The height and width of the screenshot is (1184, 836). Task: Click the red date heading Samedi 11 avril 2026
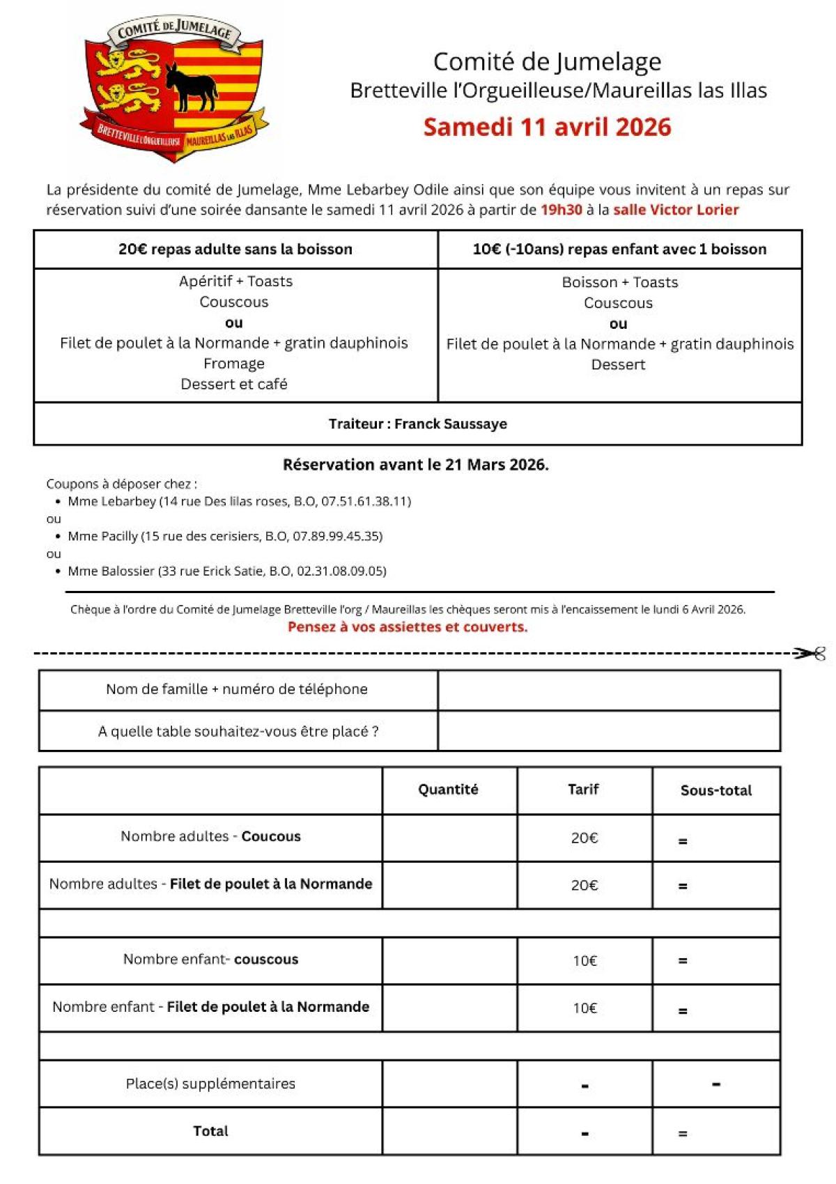[547, 128]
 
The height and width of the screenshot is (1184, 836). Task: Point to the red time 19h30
[561, 210]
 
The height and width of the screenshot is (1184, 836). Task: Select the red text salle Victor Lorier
[675, 210]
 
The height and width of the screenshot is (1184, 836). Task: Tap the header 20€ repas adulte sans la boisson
[235, 249]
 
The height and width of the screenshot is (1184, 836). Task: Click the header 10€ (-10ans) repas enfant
[619, 249]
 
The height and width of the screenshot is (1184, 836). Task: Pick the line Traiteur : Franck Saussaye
[417, 424]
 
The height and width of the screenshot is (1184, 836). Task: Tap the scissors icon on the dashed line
[812, 654]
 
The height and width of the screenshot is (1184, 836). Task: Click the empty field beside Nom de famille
[608, 690]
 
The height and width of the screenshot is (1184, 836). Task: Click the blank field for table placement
[608, 731]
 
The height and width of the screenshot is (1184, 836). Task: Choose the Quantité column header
[448, 790]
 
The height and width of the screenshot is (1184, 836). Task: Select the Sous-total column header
[715, 790]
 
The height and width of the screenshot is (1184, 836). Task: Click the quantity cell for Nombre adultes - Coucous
[449, 838]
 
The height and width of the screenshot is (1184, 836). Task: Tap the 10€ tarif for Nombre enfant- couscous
[585, 961]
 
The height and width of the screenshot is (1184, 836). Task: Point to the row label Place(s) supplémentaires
[210, 1084]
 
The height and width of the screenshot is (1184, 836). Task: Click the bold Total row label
[210, 1131]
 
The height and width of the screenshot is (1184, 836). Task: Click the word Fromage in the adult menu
[234, 364]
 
